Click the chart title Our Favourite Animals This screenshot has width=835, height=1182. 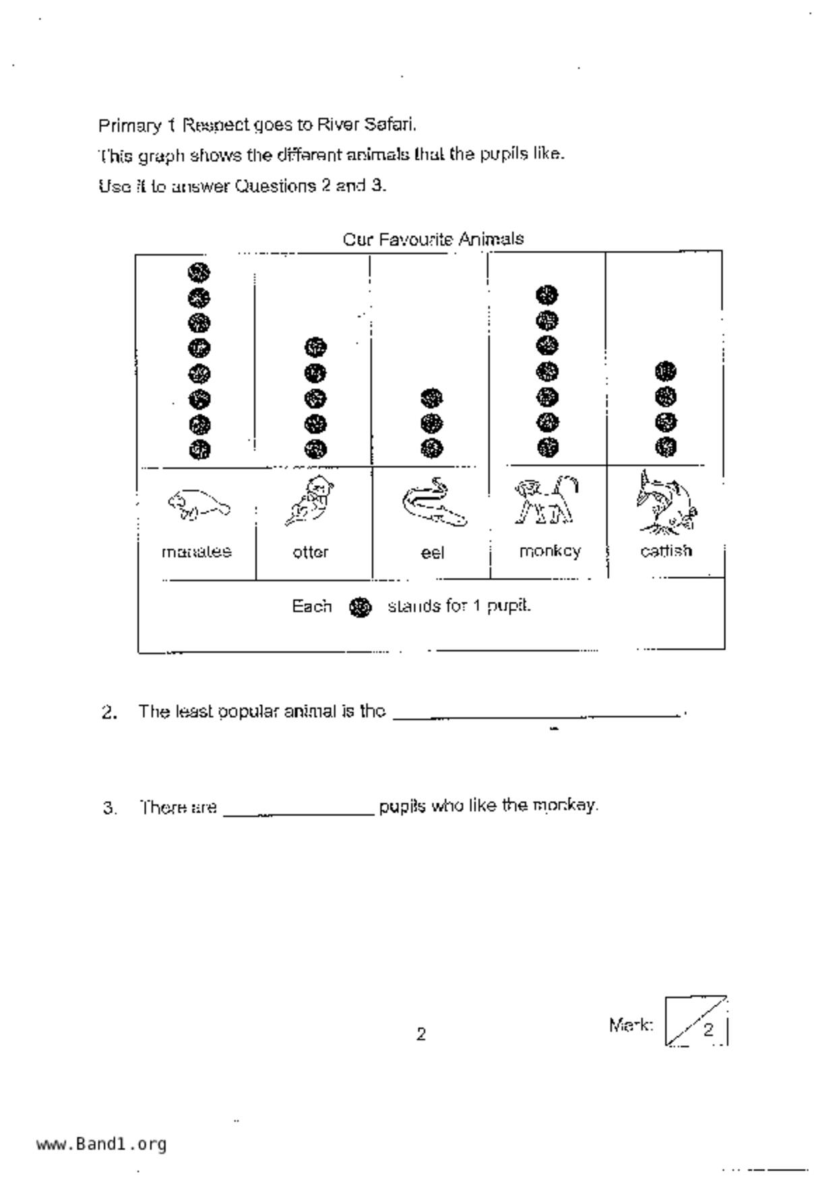[433, 239]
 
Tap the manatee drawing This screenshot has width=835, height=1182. [198, 505]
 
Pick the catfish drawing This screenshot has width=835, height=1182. [666, 501]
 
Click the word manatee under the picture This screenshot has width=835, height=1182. [197, 552]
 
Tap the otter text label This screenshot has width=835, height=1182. [311, 553]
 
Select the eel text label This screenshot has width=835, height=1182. [433, 553]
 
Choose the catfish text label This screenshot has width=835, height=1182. [666, 551]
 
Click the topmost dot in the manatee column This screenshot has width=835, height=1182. [199, 272]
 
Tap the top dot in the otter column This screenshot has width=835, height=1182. [315, 348]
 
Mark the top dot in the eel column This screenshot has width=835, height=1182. [432, 398]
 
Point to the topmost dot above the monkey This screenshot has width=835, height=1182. [547, 294]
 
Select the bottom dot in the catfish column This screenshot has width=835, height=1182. [666, 446]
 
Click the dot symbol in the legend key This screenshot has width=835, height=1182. [361, 607]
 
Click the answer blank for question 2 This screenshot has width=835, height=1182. [536, 713]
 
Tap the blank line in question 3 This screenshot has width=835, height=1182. [298, 808]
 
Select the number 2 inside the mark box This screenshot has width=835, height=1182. [708, 1030]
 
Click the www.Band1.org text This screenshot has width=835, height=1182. [102, 1144]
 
